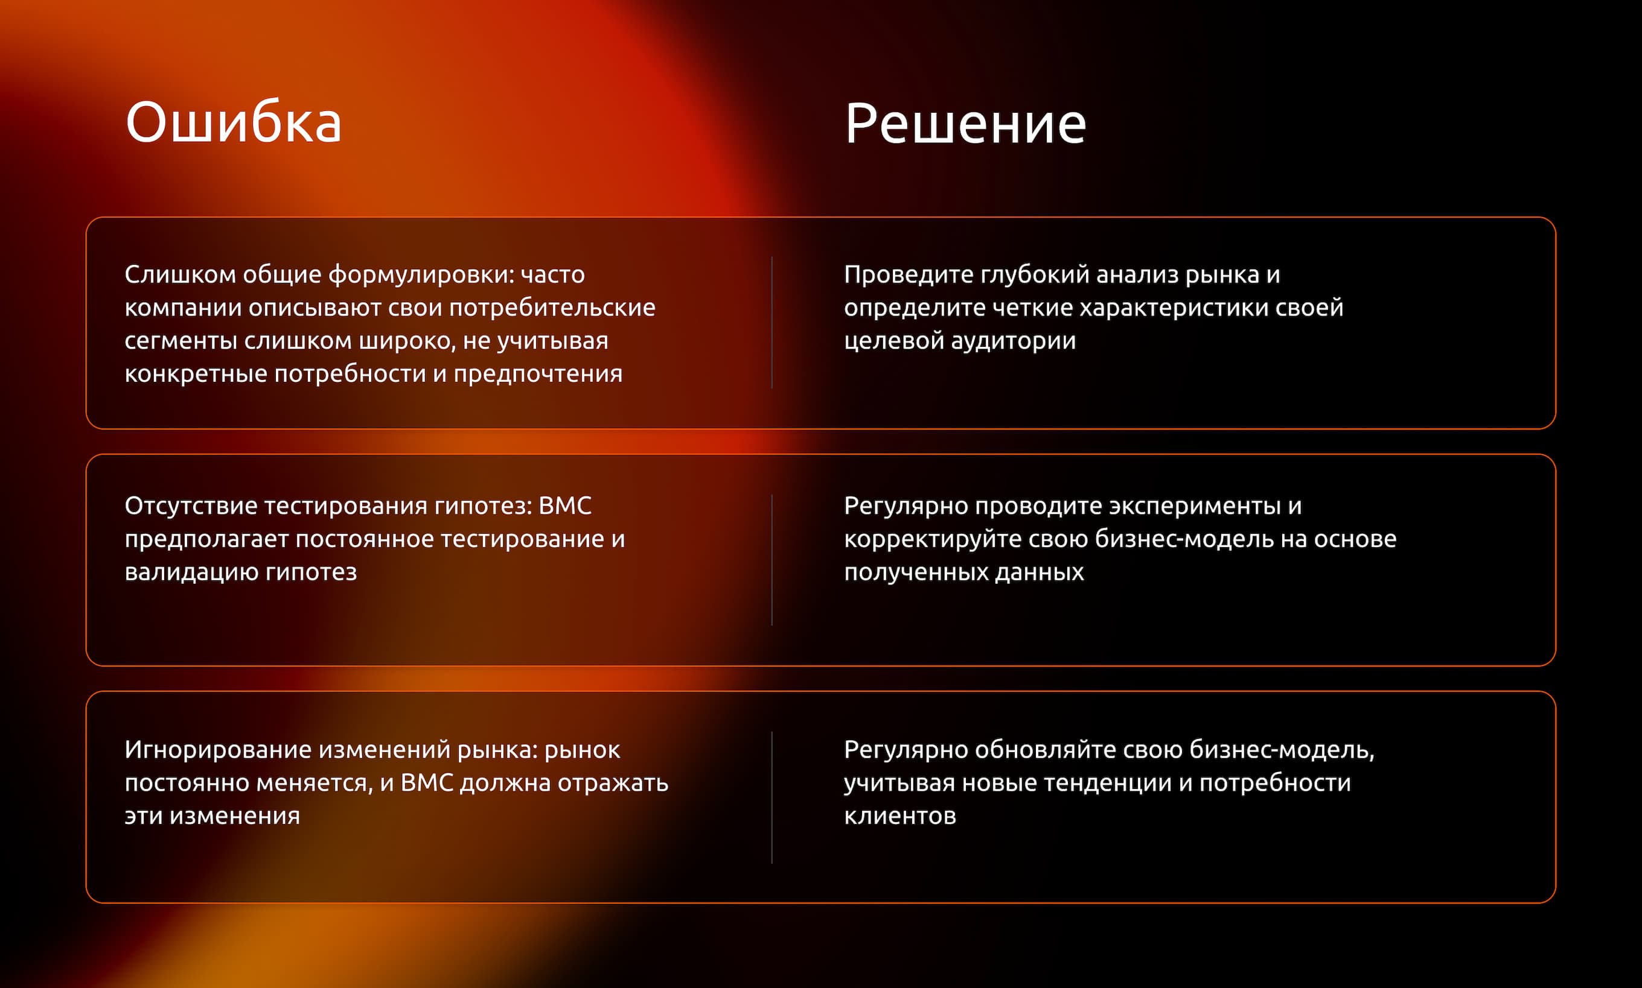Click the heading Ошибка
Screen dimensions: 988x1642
click(x=233, y=123)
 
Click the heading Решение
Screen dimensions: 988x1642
click(x=965, y=124)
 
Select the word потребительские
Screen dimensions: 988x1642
click(x=552, y=308)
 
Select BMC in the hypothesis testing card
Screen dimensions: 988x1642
click(x=565, y=506)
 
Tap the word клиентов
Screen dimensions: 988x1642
click(x=900, y=815)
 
